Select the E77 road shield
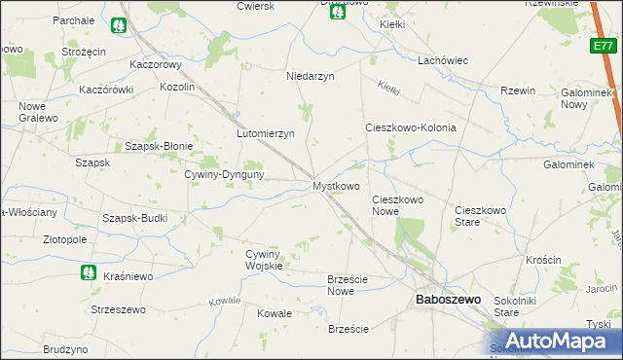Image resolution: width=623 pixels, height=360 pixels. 603,46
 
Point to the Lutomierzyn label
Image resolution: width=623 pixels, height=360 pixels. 265,133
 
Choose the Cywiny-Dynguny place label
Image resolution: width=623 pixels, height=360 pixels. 226,174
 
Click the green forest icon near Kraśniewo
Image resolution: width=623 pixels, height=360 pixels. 88,272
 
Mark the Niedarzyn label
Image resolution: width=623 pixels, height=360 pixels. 310,76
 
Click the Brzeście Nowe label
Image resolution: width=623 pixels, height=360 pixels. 347,285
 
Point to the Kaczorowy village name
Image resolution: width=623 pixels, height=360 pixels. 157,65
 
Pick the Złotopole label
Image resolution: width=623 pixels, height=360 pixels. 57,238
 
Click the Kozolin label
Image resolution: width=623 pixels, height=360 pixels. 178,87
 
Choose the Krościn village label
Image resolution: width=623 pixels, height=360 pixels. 542,260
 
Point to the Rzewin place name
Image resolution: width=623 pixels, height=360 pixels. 518,90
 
